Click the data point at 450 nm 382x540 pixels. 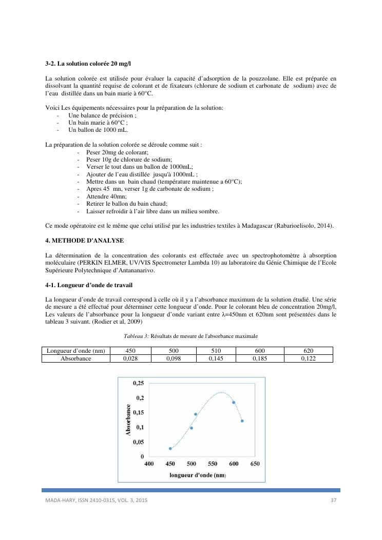pyautogui.click(x=170, y=448)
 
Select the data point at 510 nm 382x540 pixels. pyautogui.click(x=196, y=414)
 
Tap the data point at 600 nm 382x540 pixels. pyautogui.click(x=234, y=403)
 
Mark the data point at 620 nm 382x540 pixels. pyautogui.click(x=242, y=421)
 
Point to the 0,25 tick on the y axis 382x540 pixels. pyautogui.click(x=139, y=383)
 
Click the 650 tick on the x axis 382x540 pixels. pyautogui.click(x=255, y=464)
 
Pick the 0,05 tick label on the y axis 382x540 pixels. pyautogui.click(x=139, y=442)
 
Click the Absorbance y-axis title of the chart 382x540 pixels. pyautogui.click(x=128, y=420)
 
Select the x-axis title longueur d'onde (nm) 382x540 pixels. pyautogui.click(x=198, y=475)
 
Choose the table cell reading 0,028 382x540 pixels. pyautogui.click(x=130, y=358)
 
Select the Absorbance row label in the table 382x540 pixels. pyautogui.click(x=76, y=358)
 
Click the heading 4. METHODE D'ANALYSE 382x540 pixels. pyautogui.click(x=84, y=241)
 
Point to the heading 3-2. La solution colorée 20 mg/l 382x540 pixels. pyautogui.click(x=88, y=64)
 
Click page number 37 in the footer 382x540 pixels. pyautogui.click(x=333, y=500)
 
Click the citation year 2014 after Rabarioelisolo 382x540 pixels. pyautogui.click(x=325, y=226)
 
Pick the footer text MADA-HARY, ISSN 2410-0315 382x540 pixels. pyautogui.click(x=82, y=500)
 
